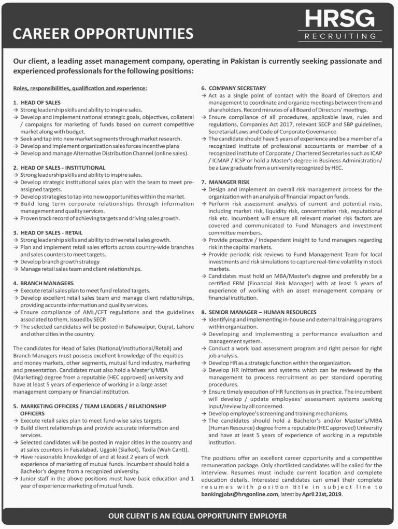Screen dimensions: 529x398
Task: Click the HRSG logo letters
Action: pos(339,20)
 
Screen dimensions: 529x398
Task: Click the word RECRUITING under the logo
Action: pos(340,37)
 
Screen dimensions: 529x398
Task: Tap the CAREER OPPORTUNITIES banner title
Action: pos(103,34)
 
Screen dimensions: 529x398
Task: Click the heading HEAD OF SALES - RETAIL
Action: pos(51,233)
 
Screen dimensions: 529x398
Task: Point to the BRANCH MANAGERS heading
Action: pos(47,283)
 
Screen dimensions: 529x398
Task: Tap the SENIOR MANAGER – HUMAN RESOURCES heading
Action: pos(262,312)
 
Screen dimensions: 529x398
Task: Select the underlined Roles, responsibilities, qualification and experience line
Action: pos(80,89)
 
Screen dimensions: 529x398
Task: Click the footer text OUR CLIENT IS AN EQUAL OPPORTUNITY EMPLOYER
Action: pos(198,517)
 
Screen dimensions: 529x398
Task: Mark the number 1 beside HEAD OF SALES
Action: pos(15,103)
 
